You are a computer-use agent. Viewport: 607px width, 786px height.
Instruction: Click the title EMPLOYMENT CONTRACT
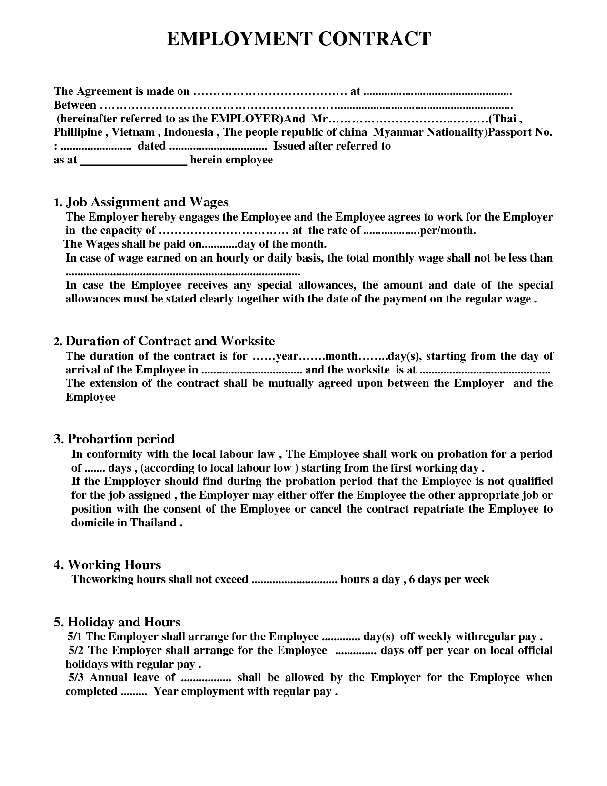click(299, 39)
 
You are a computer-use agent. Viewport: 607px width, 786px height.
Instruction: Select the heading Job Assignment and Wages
click(147, 202)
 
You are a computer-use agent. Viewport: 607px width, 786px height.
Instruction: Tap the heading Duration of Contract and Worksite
click(170, 341)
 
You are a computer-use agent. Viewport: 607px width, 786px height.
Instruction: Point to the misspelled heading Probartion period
click(121, 439)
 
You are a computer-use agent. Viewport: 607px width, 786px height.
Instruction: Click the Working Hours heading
click(114, 565)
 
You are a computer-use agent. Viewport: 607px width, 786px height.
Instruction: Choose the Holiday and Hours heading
click(124, 622)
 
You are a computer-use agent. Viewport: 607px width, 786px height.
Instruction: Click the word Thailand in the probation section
click(153, 523)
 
